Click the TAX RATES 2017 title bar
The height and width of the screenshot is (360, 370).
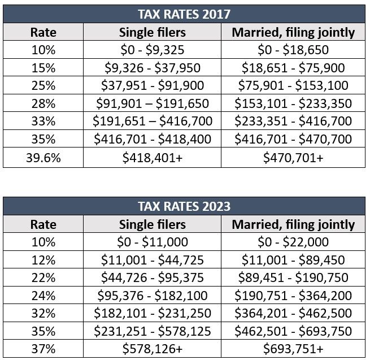tap(184, 14)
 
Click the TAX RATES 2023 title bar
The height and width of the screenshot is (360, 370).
tap(184, 206)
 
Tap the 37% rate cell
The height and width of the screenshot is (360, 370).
tap(43, 349)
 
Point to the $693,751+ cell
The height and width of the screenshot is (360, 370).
tap(293, 349)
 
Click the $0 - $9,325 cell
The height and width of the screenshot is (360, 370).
tap(152, 50)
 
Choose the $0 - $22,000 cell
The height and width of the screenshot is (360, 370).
tap(293, 242)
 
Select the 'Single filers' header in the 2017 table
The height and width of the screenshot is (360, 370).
tap(152, 32)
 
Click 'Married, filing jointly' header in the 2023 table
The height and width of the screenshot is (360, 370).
tap(293, 224)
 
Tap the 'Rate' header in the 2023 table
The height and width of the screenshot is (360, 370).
tap(43, 224)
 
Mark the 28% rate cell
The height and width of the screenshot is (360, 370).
tap(43, 104)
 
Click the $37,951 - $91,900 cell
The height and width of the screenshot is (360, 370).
tap(152, 86)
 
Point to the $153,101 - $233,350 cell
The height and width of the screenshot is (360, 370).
tap(293, 104)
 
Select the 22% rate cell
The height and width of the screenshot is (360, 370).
tap(43, 277)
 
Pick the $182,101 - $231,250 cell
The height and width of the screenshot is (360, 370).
tap(152, 313)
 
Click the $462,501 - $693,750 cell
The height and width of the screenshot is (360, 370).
tap(293, 331)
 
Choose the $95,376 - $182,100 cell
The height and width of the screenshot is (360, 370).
tap(152, 296)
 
